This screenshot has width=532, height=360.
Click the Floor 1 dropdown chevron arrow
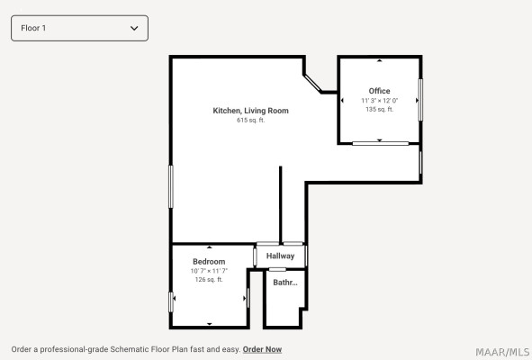point(134,28)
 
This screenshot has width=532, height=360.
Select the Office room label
point(379,91)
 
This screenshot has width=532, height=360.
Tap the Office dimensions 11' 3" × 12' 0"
point(379,101)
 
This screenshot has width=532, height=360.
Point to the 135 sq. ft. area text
point(379,109)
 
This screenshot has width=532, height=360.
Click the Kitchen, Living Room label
point(251,111)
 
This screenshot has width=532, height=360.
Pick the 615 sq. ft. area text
point(251,120)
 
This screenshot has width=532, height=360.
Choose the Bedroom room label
point(209,262)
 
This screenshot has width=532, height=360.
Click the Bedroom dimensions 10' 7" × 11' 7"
point(209,271)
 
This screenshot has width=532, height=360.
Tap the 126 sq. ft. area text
point(209,280)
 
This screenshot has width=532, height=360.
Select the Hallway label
point(280,256)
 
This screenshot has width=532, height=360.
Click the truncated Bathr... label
point(285,283)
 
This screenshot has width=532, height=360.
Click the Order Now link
point(262,349)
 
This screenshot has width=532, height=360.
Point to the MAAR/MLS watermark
point(502,352)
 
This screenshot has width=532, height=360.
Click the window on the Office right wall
point(420,100)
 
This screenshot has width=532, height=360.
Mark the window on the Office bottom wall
point(381,143)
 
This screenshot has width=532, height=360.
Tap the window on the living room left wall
point(171,186)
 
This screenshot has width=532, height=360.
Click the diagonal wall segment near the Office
point(312,83)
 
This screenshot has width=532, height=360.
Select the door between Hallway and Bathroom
point(277,270)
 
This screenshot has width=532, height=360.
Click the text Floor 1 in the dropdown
point(33,28)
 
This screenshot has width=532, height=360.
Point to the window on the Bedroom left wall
point(171,302)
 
